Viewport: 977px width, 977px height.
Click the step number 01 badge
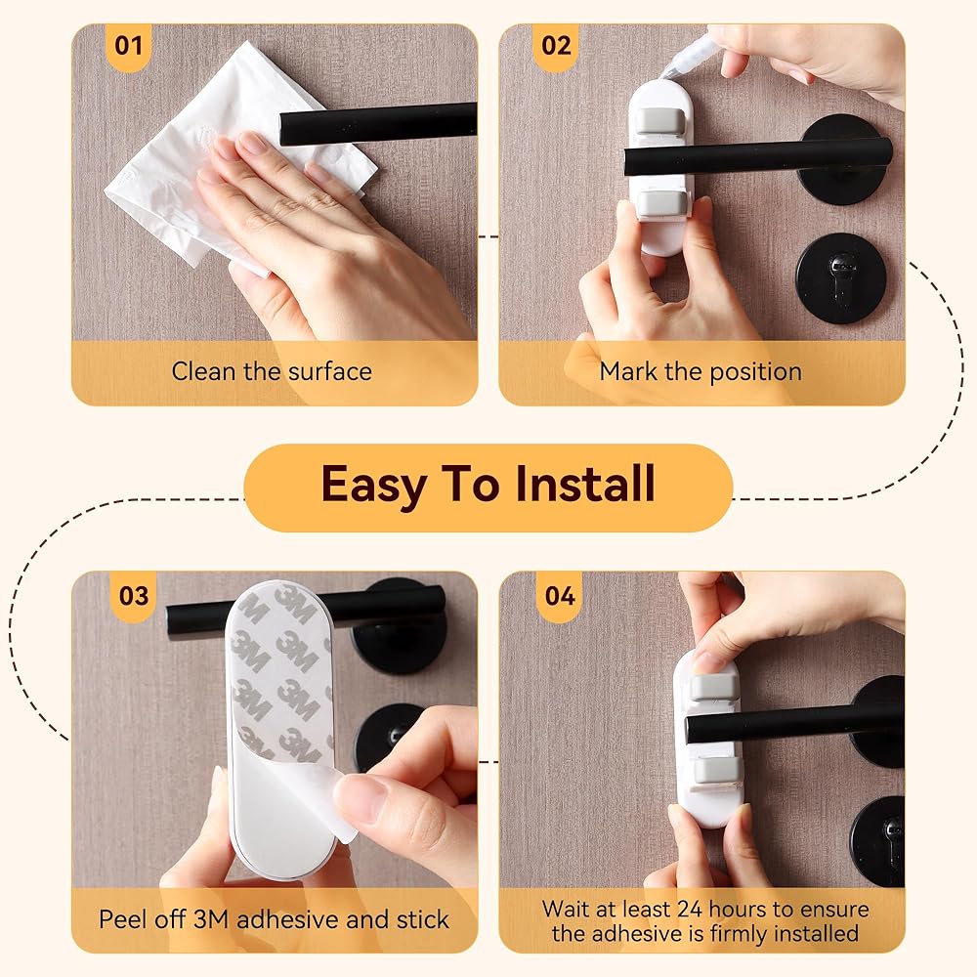128,47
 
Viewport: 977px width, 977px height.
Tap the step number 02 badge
556,47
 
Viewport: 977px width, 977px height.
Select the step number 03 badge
133,596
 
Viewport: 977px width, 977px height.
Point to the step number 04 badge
560,596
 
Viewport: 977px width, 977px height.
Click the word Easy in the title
373,486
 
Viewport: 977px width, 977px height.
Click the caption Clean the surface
272,371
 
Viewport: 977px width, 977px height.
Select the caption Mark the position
701,372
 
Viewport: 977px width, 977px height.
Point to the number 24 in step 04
690,909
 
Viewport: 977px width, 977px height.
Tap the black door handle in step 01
378,124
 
